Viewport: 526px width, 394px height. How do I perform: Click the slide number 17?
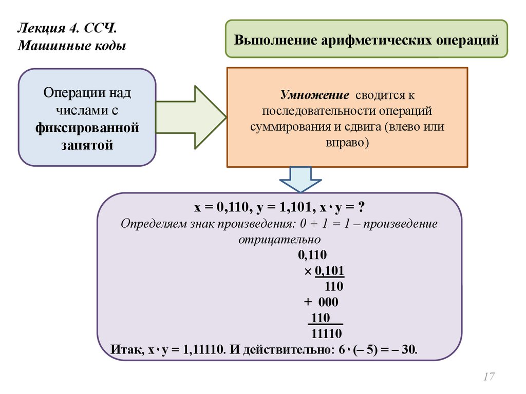[x=489, y=377]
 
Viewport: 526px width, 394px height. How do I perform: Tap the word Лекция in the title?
[x=39, y=27]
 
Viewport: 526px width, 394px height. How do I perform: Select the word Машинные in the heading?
[x=46, y=46]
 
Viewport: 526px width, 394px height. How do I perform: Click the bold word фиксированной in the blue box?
[x=87, y=127]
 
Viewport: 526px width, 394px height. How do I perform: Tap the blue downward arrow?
[x=300, y=179]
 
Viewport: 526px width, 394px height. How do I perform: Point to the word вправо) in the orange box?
[x=347, y=142]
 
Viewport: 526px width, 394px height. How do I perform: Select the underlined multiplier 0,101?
[x=329, y=271]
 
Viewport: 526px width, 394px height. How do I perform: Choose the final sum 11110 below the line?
[x=327, y=334]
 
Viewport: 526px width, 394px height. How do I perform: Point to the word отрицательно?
[x=280, y=239]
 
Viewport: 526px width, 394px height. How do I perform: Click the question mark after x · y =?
[x=362, y=208]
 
